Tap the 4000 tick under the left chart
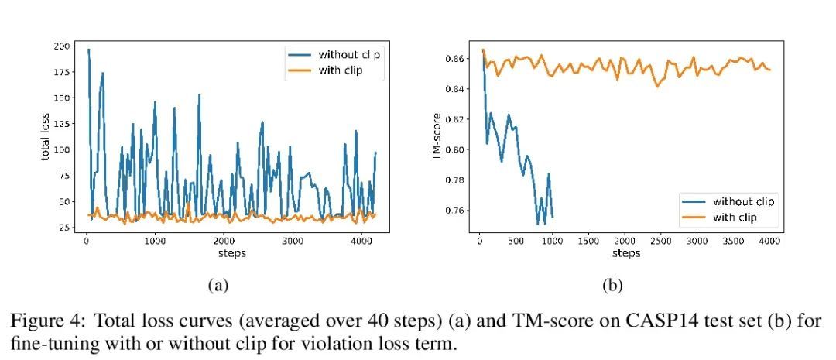click(x=361, y=241)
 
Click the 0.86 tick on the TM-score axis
click(x=454, y=59)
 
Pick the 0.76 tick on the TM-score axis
click(x=454, y=211)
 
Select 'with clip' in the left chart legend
click(x=341, y=70)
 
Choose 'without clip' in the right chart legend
click(x=744, y=201)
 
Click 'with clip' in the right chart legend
click(x=735, y=218)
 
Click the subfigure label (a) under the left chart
click(x=218, y=285)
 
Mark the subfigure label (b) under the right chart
click(x=612, y=285)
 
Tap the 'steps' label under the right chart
click(x=626, y=253)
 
